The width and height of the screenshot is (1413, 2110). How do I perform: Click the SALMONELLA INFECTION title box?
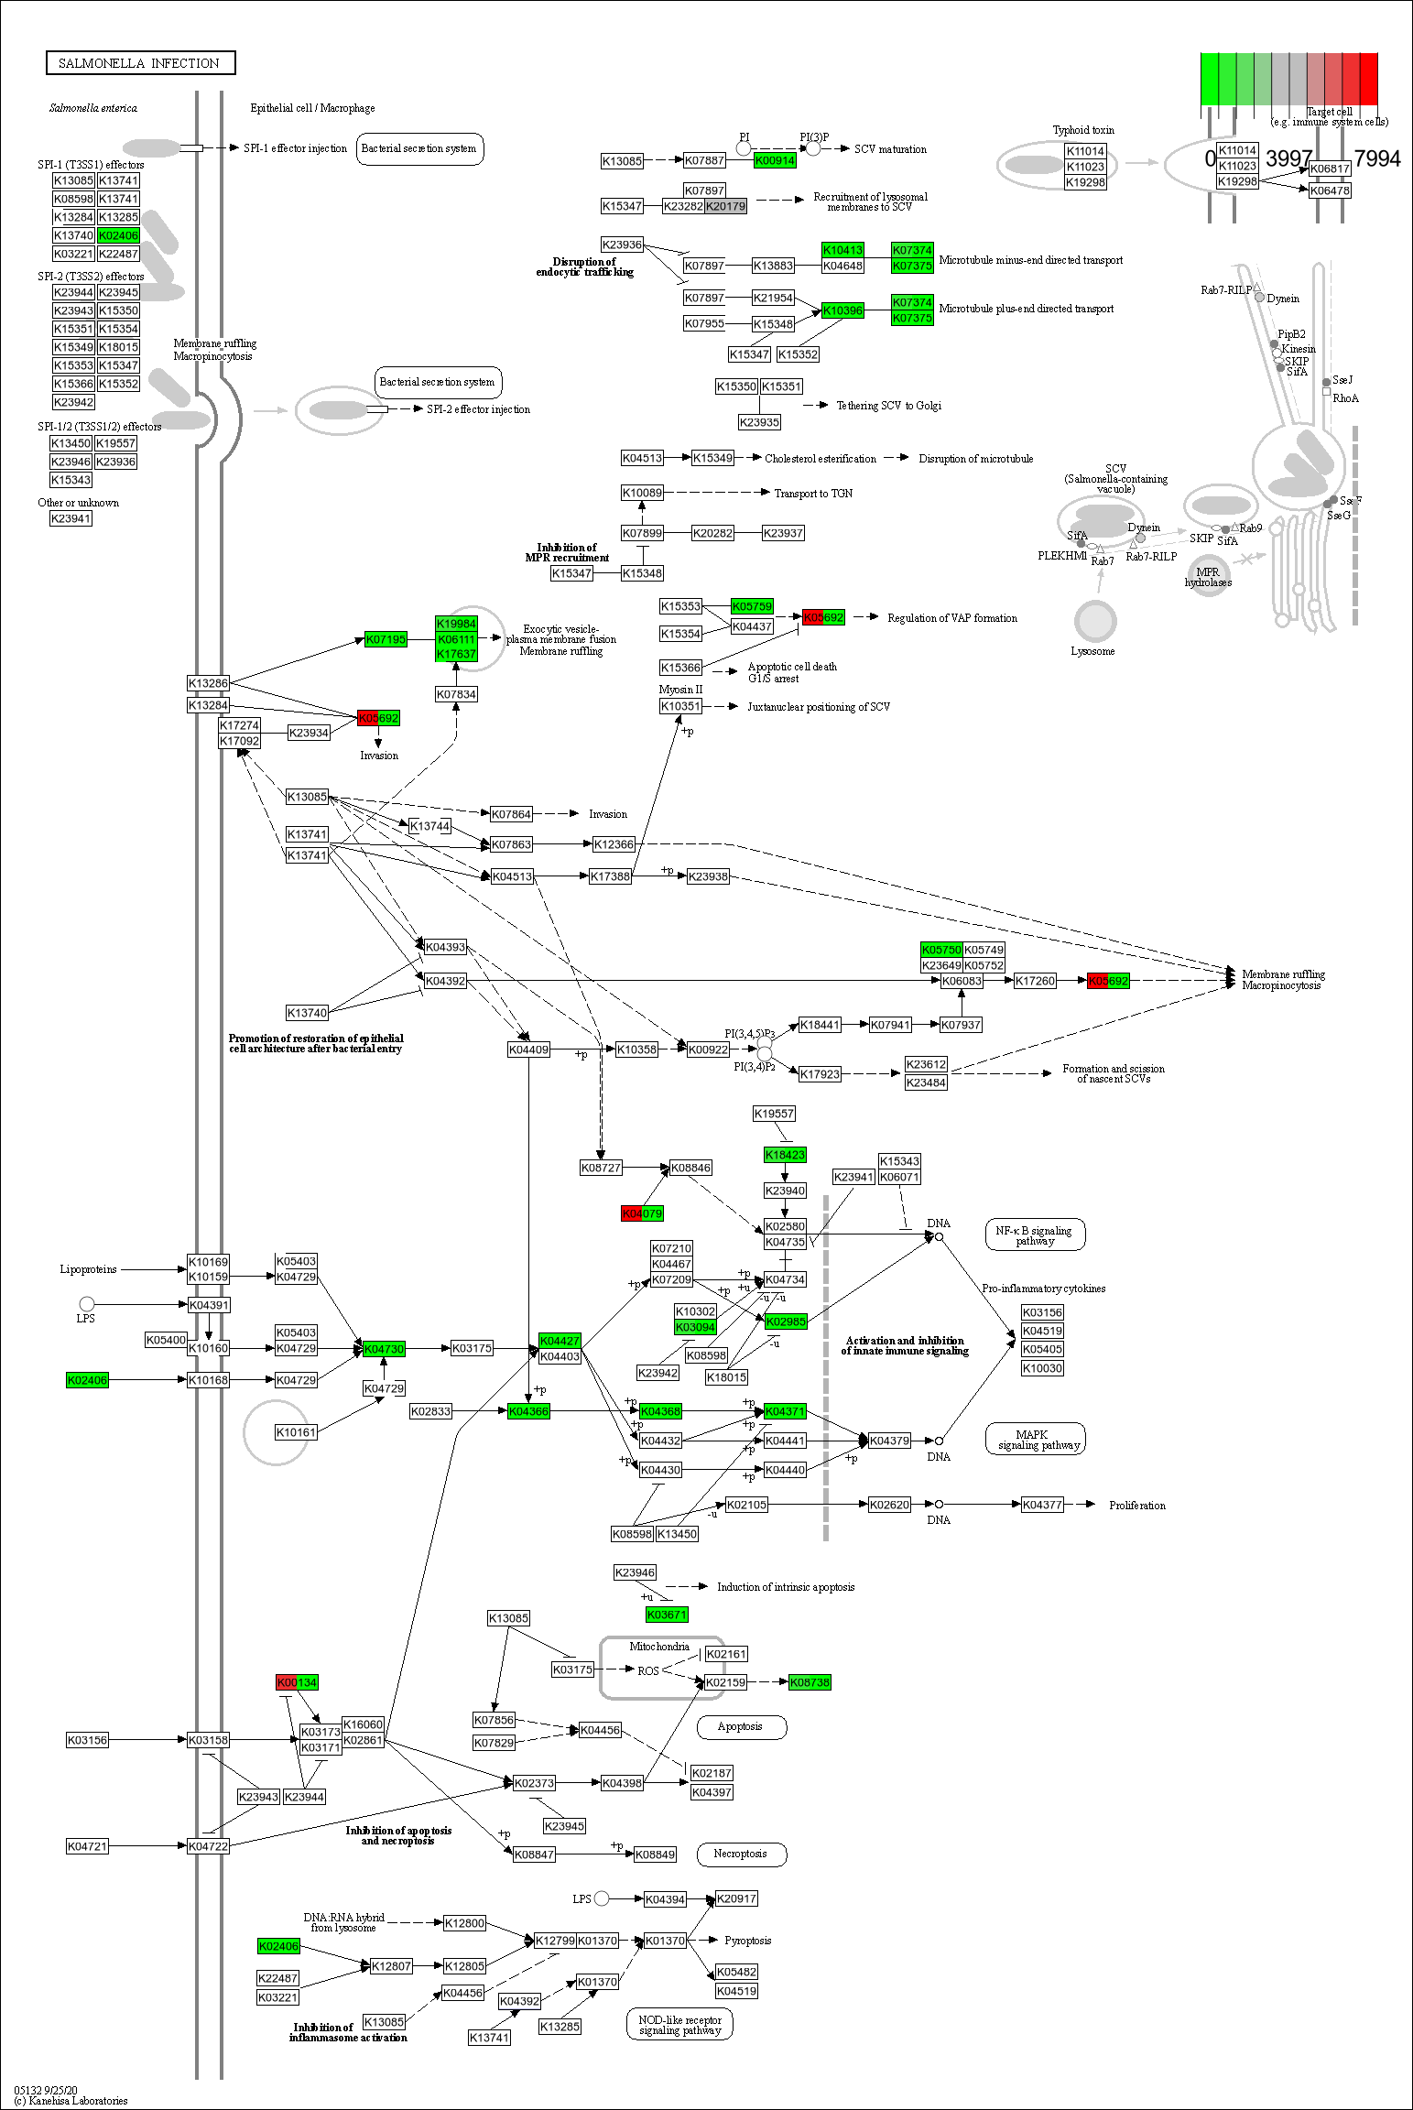coord(140,63)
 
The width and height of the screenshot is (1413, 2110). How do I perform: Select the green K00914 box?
coord(775,160)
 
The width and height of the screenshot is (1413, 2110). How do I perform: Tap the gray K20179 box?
coord(726,206)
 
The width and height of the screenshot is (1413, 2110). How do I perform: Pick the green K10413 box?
coord(842,250)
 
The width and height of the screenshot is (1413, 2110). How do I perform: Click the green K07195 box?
coord(386,639)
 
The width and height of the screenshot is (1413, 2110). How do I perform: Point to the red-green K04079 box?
coord(642,1213)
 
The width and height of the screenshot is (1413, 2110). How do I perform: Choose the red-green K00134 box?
coord(297,1682)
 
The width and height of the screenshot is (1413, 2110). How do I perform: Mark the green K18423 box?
coord(785,1155)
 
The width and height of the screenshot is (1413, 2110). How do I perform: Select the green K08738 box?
coord(810,1682)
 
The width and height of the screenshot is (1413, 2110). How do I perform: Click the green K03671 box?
coord(667,1615)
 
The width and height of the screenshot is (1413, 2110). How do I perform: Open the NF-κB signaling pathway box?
coord(1035,1235)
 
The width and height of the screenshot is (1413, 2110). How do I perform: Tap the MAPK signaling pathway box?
coord(1035,1440)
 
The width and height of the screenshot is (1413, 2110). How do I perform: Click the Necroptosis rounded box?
coord(741,1854)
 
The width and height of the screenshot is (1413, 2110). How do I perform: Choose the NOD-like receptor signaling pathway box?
coord(679,2025)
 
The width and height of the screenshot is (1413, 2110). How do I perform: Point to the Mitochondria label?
coord(659,1646)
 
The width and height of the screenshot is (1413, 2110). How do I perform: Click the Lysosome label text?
coord(1092,651)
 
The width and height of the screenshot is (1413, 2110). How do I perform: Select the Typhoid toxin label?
coord(1083,130)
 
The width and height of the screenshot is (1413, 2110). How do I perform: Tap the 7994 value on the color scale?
coord(1376,158)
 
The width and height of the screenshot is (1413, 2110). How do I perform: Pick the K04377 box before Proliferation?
coord(1042,1505)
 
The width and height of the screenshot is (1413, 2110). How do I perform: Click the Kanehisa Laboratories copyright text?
coord(71,2101)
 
